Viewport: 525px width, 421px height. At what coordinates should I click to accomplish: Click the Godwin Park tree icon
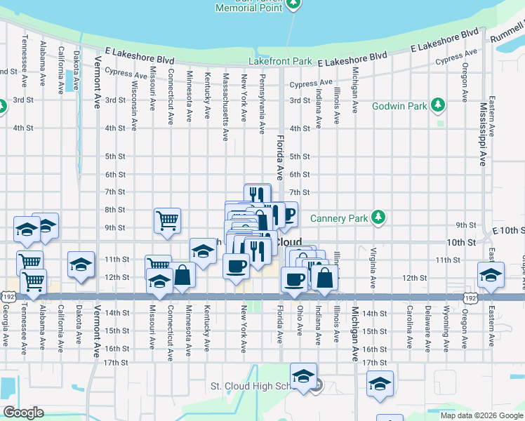click(x=439, y=105)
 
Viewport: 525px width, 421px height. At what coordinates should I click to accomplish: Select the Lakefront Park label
click(x=281, y=61)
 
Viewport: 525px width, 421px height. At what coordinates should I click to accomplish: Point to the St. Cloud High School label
click(x=259, y=386)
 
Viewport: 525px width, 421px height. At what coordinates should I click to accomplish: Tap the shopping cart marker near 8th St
click(x=168, y=220)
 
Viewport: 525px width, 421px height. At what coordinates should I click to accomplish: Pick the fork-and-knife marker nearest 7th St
click(x=258, y=194)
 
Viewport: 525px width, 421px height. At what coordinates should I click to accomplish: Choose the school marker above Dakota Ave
click(x=81, y=264)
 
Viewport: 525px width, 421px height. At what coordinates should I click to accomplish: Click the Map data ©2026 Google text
click(x=481, y=415)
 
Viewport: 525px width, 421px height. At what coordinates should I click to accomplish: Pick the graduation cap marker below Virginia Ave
click(x=380, y=383)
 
